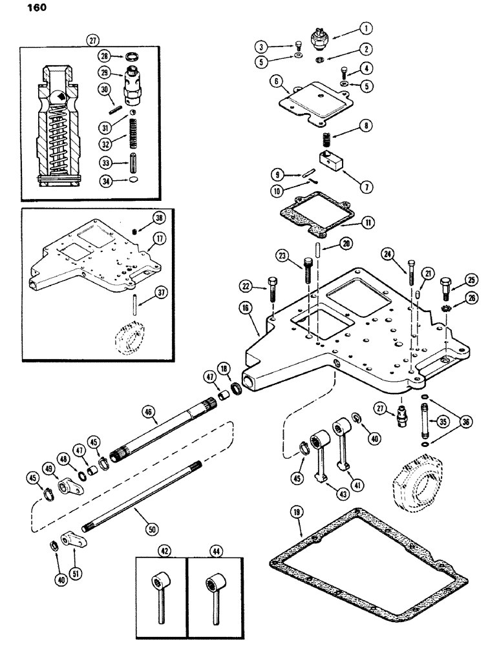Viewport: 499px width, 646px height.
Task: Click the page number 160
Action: point(18,10)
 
